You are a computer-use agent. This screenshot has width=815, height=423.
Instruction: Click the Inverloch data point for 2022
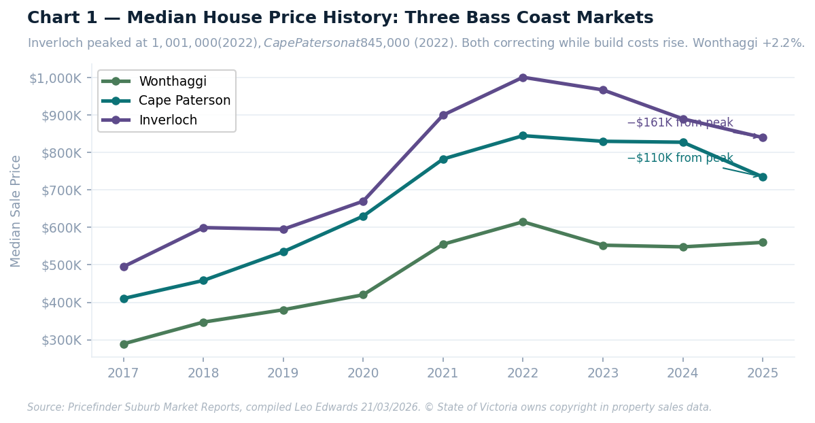point(523,78)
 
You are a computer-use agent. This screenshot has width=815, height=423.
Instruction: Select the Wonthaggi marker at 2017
point(124,344)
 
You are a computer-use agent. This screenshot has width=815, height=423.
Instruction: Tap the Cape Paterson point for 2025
point(763,177)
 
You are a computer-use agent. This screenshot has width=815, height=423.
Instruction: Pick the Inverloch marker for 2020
point(363,201)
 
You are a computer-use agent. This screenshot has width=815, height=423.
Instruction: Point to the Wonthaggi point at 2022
point(523,222)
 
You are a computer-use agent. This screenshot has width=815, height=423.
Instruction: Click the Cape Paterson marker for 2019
point(283,252)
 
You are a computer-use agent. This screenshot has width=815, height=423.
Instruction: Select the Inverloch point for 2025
point(763,137)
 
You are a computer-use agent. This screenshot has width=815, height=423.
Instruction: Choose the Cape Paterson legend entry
point(184,101)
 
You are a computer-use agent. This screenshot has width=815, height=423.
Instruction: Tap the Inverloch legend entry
point(168,120)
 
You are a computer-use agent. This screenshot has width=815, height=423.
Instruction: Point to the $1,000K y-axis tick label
point(56,78)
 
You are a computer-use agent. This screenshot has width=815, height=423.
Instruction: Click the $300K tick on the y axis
point(61,340)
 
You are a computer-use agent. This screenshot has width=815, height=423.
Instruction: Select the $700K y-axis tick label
point(61,190)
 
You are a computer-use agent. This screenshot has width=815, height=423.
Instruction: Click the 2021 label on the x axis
point(443,373)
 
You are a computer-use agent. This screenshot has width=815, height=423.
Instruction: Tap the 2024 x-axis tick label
point(682,373)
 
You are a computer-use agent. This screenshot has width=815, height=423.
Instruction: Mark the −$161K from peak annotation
point(680,123)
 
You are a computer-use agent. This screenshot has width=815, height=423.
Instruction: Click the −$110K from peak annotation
point(680,158)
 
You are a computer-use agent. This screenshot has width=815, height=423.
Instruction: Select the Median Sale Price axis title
point(16,211)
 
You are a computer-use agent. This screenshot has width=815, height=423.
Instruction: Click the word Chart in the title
point(52,18)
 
